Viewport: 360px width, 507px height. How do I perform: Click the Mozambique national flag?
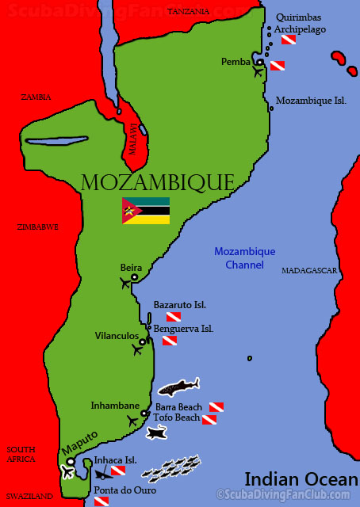[x=145, y=210]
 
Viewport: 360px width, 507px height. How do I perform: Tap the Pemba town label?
[x=236, y=61]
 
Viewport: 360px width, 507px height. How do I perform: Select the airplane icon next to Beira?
[x=125, y=283]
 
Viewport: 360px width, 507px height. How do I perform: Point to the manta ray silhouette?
[x=156, y=433]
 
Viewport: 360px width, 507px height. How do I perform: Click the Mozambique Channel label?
[x=245, y=257]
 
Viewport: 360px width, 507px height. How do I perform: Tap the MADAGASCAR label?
[x=309, y=271]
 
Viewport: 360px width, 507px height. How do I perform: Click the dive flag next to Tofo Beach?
[x=209, y=419]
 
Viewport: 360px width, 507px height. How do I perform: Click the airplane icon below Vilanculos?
[x=138, y=349]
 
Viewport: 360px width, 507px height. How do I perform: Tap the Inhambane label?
[x=114, y=405]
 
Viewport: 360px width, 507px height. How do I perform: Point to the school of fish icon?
[x=170, y=468]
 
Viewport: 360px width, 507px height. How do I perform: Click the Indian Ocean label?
[x=301, y=479]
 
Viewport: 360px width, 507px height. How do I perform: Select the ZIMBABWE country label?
[x=38, y=227]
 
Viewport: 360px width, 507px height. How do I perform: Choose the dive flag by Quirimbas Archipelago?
[x=289, y=39]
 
